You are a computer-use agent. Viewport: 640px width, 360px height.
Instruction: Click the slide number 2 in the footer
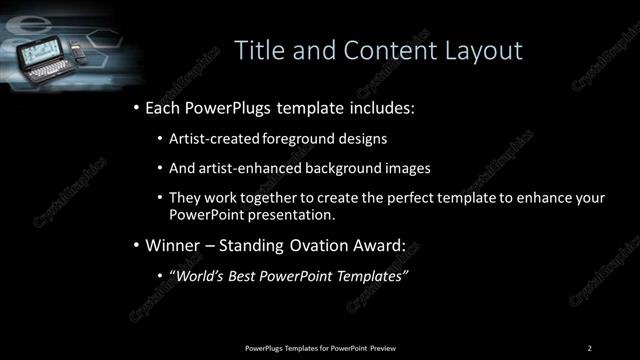coord(590,347)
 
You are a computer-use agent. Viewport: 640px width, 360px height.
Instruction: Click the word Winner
coord(173,243)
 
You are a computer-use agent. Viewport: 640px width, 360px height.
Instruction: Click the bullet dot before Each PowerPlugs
coord(136,105)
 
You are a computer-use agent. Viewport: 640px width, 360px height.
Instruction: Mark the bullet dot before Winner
coord(136,243)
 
